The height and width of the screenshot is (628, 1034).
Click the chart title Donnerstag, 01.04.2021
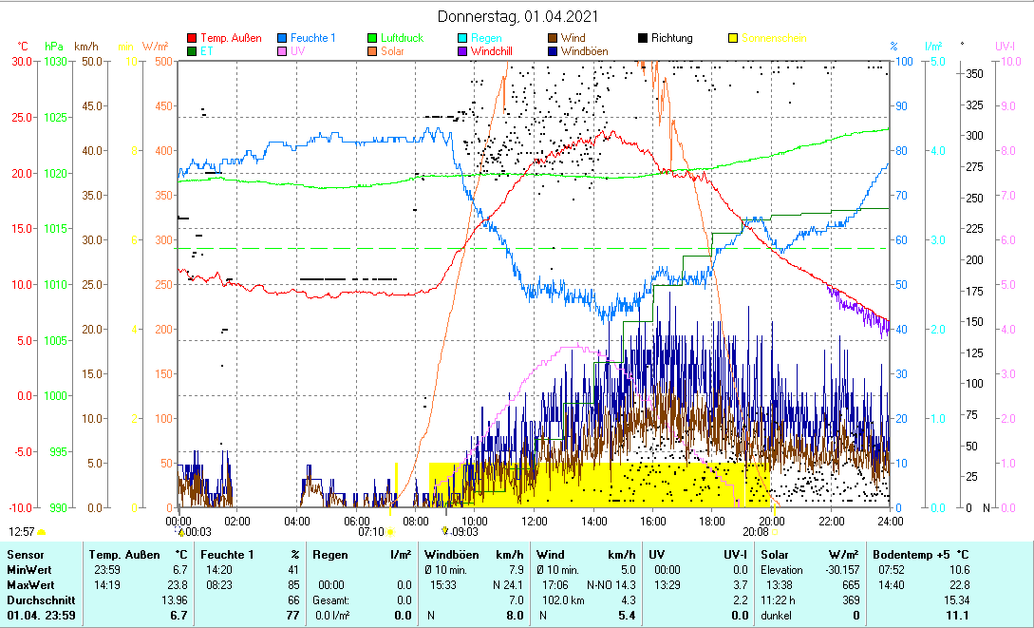[x=517, y=17]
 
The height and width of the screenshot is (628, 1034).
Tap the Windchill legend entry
[x=494, y=51]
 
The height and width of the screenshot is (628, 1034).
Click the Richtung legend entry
[x=671, y=38]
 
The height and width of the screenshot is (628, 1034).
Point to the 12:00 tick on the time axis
[x=535, y=521]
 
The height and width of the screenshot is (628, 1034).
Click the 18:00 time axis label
[x=712, y=521]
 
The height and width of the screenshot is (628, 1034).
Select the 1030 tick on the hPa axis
[x=56, y=61]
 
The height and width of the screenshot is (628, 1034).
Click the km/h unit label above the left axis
[x=85, y=46]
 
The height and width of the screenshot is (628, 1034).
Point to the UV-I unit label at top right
[x=1006, y=46]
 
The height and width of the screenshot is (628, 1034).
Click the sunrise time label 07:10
[x=370, y=532]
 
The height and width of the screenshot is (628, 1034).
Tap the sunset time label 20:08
[x=756, y=532]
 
